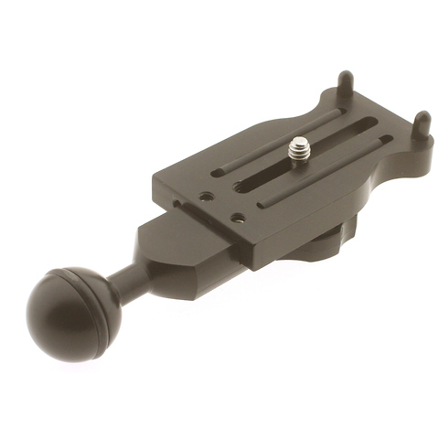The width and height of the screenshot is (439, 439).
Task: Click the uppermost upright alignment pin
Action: [x=344, y=86]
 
